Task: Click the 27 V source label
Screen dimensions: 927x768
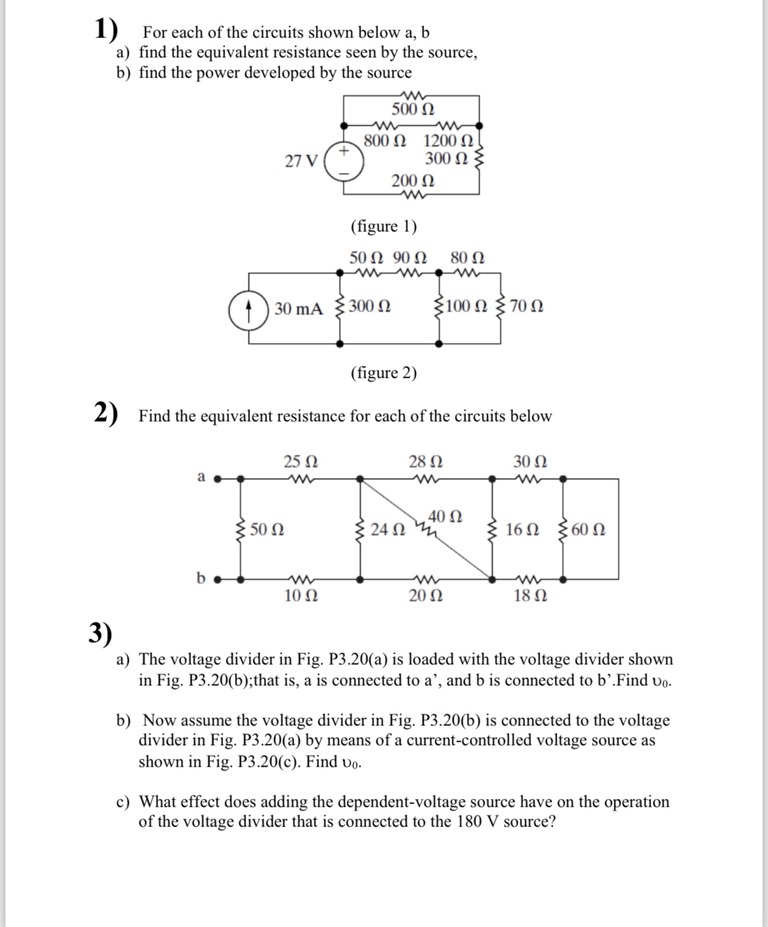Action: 301,161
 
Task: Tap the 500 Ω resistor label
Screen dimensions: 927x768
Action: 412,109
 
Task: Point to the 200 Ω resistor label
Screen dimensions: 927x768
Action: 412,181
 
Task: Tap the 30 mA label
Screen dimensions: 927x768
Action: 299,308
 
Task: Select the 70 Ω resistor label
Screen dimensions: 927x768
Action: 526,306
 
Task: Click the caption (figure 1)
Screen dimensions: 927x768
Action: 384,227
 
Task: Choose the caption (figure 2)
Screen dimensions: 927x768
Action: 384,373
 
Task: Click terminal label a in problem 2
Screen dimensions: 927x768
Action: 202,476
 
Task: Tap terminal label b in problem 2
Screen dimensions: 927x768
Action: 202,577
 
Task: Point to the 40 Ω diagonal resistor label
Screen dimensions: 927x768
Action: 445,516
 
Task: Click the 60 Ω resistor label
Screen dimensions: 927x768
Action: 588,530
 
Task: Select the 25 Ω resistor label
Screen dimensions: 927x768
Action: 301,461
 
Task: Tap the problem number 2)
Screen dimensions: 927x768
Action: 105,413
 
